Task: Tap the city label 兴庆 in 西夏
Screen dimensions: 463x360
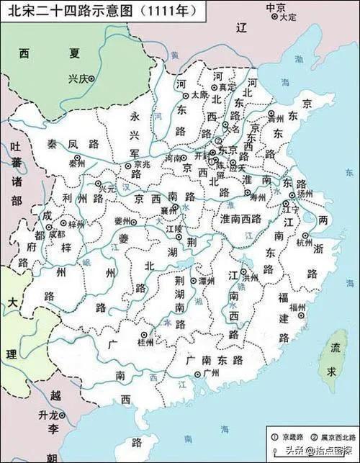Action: [x=77, y=79]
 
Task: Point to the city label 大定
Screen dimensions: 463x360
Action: [x=287, y=16]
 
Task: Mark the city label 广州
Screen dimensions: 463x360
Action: [x=211, y=372]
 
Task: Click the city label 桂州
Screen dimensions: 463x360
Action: [x=145, y=342]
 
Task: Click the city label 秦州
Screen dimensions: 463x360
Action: [x=77, y=164]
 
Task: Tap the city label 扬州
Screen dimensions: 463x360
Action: [x=305, y=194]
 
